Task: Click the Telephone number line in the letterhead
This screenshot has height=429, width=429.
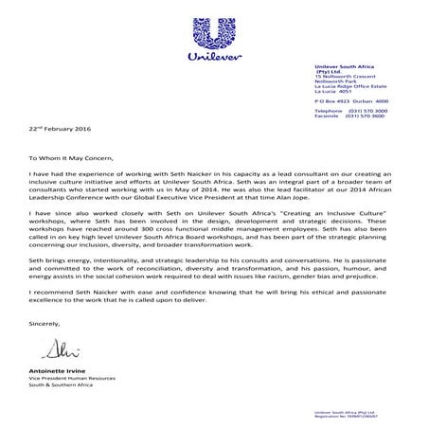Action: (x=350, y=110)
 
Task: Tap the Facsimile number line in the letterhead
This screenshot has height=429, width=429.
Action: (x=350, y=116)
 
